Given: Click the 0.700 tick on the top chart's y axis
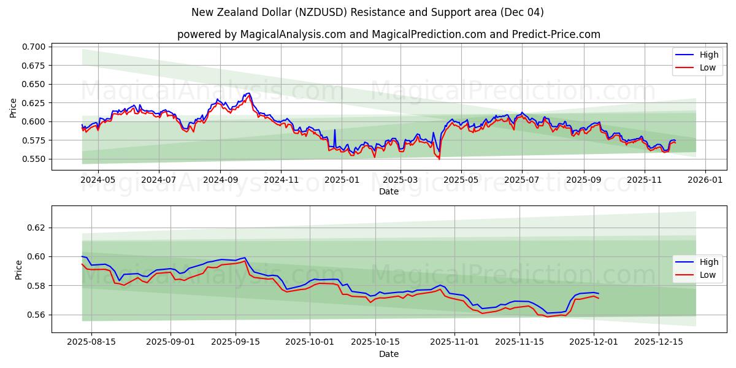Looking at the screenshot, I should click(34, 47).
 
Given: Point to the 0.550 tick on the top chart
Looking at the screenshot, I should click(34, 159).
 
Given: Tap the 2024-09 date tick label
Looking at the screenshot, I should click(220, 180).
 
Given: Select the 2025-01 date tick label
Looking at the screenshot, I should click(341, 180).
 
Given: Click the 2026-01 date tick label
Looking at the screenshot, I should click(705, 180).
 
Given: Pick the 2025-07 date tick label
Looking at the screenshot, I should click(522, 180).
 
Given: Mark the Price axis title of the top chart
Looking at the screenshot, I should click(13, 107).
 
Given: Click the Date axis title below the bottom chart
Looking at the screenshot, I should click(388, 354).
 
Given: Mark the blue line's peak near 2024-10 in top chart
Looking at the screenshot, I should click(248, 93).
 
